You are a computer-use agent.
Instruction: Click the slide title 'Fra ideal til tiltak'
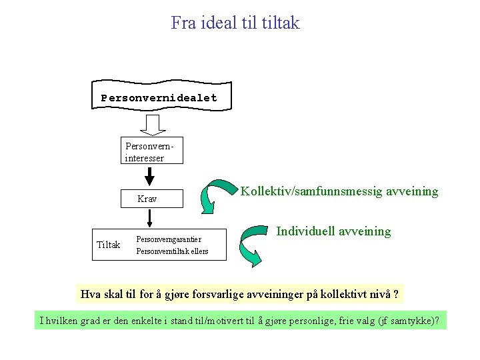click(x=235, y=23)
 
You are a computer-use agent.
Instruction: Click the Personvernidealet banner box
click(x=159, y=97)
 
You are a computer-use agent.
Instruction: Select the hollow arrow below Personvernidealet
click(x=153, y=125)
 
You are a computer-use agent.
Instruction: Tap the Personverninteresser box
click(x=144, y=151)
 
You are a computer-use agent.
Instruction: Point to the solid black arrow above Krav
click(x=150, y=176)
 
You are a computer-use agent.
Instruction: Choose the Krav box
click(x=147, y=199)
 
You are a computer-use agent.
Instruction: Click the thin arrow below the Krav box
click(x=150, y=219)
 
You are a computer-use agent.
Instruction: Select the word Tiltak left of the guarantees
click(x=109, y=245)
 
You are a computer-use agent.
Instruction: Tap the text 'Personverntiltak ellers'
click(x=172, y=251)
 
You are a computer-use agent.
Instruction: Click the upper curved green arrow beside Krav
click(x=219, y=194)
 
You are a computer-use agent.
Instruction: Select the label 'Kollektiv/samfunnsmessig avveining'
click(x=339, y=191)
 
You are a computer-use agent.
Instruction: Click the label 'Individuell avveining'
click(x=333, y=231)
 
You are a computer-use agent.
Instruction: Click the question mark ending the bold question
click(x=397, y=294)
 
